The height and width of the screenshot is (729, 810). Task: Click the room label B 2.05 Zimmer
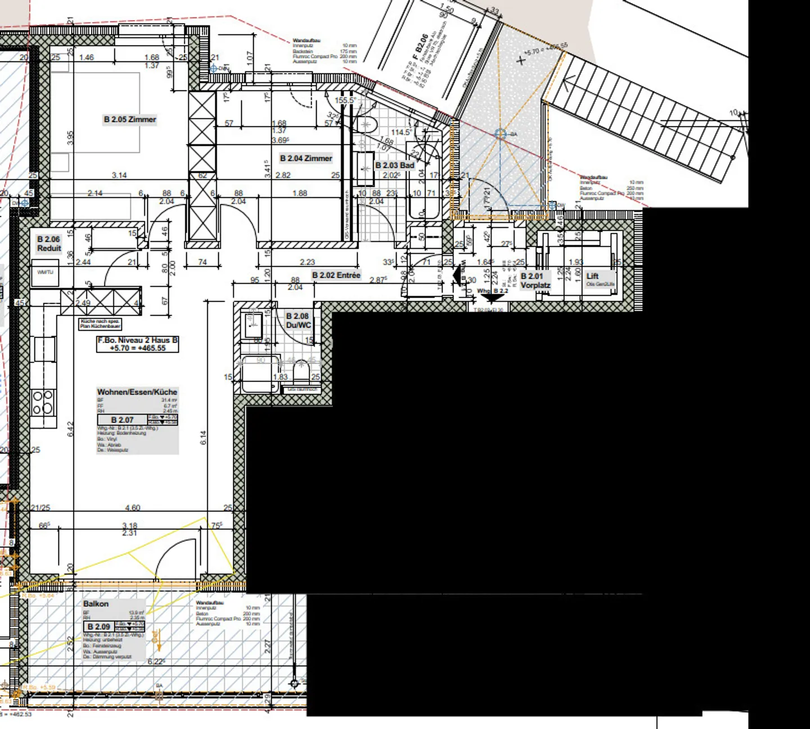click(130, 119)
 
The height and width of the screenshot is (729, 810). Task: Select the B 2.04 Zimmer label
click(306, 159)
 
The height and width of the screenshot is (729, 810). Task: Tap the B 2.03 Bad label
click(394, 165)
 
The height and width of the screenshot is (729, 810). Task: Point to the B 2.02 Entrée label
click(336, 275)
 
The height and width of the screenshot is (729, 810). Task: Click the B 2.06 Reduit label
click(49, 244)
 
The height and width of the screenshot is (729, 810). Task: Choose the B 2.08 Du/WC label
click(298, 321)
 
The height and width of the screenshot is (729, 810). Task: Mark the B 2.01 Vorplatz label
click(535, 281)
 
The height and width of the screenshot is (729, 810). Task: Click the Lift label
click(592, 276)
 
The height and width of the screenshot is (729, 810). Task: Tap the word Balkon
click(96, 604)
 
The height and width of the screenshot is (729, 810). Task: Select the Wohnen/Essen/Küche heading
click(137, 392)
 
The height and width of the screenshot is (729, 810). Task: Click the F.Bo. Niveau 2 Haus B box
click(138, 344)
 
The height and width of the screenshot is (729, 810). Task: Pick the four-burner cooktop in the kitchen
click(43, 403)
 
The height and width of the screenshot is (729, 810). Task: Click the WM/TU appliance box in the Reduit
click(45, 273)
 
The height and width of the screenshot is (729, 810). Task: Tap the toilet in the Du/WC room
click(301, 371)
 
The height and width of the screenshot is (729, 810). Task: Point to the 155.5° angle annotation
click(345, 100)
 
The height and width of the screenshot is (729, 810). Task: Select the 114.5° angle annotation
click(401, 132)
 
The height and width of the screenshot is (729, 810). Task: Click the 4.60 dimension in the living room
click(133, 507)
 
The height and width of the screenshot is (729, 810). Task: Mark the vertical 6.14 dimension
click(203, 438)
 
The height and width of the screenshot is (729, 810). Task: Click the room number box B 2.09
click(98, 626)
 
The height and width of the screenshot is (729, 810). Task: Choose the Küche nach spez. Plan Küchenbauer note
click(100, 324)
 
